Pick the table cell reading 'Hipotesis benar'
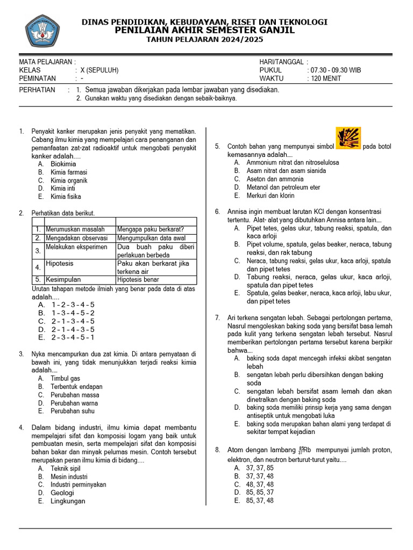point(138,279)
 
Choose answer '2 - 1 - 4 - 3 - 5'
point(73,329)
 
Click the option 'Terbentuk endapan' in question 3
point(76,387)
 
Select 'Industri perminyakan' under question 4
point(79,484)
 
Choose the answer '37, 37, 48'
point(260,476)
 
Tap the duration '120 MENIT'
point(326,78)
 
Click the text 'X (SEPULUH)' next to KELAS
point(99,70)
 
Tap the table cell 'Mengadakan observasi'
point(76,238)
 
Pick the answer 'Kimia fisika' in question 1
point(66,197)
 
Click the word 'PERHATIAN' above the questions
point(37,90)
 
